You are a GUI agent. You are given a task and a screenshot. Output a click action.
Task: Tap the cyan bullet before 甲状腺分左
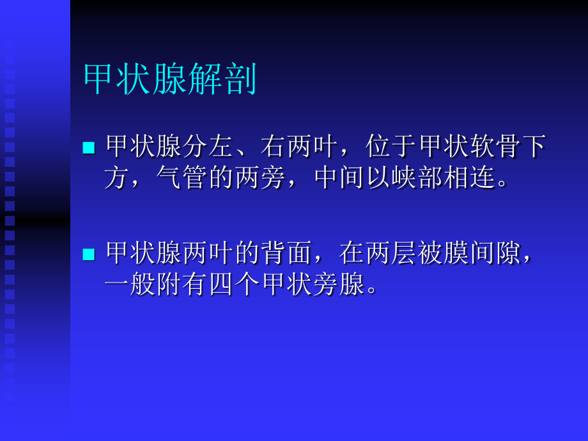pyautogui.click(x=88, y=148)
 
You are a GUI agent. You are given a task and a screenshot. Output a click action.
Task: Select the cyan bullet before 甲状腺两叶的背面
pyautogui.click(x=88, y=254)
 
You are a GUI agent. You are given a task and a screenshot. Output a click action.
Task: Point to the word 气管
pyautogui.click(x=182, y=179)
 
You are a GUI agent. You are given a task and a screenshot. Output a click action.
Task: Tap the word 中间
pyautogui.click(x=339, y=179)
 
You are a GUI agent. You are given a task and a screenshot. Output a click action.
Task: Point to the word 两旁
pyautogui.click(x=261, y=179)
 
